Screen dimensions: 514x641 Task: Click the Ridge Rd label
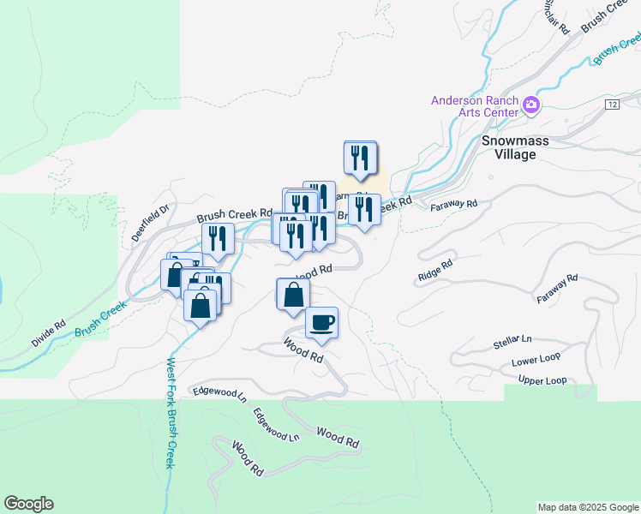(434, 272)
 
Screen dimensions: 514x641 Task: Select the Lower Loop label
(536, 362)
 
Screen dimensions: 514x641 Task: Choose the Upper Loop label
(542, 380)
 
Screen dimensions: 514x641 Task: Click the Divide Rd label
(48, 333)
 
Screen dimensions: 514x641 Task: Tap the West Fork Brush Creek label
(171, 412)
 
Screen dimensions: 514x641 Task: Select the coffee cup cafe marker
(321, 322)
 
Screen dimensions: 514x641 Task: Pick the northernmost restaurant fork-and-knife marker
(360, 158)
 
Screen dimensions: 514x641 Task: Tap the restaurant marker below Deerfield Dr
(218, 239)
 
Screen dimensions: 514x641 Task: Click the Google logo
(28, 504)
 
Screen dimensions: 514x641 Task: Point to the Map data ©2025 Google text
(587, 507)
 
